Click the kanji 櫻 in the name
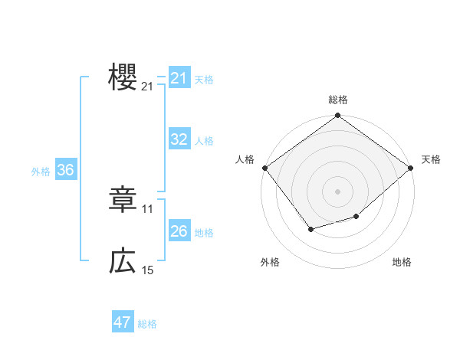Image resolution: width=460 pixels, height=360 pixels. click(123, 77)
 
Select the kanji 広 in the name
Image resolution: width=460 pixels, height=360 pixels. click(123, 262)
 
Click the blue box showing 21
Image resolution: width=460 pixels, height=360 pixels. click(179, 78)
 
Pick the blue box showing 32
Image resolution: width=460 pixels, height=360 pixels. click(179, 139)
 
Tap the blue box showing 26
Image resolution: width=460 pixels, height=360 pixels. click(179, 231)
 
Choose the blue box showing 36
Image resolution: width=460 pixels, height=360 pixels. click(65, 170)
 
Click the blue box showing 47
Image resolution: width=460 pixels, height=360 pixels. click(123, 322)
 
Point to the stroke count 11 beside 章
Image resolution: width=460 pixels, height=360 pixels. click(148, 208)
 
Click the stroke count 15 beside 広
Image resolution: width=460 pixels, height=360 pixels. click(148, 270)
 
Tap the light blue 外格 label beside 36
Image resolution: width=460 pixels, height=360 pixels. click(41, 172)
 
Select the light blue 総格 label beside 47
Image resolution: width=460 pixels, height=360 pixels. click(147, 324)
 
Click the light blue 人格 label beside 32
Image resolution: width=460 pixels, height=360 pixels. click(204, 141)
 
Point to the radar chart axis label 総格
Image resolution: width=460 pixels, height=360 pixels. click(338, 100)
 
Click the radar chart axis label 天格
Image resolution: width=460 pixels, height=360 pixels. click(431, 159)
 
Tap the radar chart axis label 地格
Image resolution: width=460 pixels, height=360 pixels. click(402, 262)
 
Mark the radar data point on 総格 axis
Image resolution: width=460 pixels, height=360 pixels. click(338, 116)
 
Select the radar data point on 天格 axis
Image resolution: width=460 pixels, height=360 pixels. click(411, 168)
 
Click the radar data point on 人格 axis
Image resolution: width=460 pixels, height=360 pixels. click(264, 168)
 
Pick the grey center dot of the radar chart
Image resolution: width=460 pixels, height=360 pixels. click(338, 191)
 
